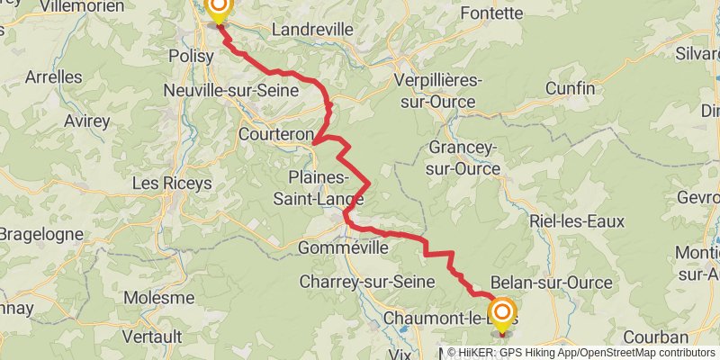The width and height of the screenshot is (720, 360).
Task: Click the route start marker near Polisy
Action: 218,9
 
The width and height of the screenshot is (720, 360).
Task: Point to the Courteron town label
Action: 275,135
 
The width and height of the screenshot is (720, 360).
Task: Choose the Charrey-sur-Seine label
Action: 366,283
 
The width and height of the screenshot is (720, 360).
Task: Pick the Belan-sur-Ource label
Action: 553,283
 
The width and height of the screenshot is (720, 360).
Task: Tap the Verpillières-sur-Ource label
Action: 438,91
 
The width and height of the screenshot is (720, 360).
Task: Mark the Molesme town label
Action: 159,297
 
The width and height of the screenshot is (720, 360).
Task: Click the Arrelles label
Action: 52,77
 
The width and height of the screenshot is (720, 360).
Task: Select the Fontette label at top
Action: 490,13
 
